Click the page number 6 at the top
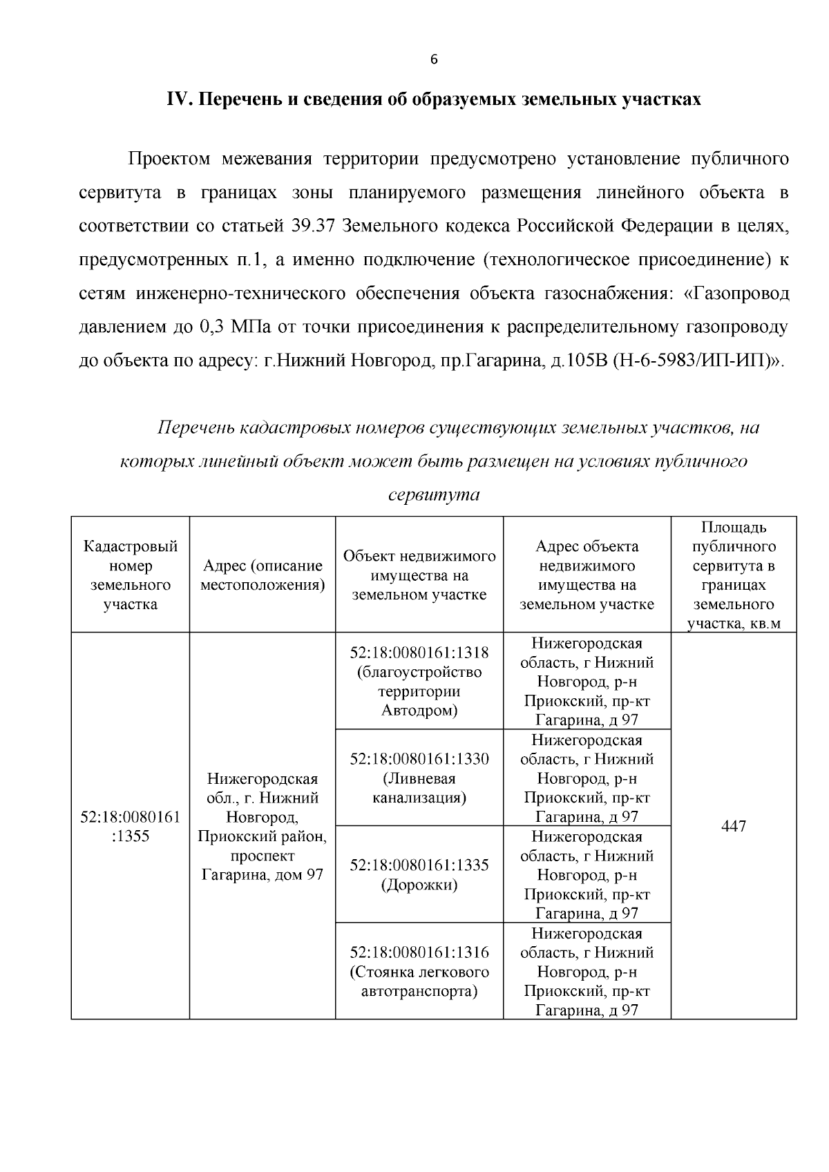[434, 59]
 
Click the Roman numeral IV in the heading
[178, 99]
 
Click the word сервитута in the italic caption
[434, 494]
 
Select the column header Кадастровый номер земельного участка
[131, 575]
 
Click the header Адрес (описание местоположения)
[263, 575]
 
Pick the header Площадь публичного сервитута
[733, 575]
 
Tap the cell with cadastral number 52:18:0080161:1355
[131, 827]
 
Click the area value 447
[733, 827]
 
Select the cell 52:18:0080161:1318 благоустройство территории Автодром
[419, 682]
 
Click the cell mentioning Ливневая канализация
[419, 778]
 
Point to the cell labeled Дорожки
[419, 875]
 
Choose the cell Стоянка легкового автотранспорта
[419, 972]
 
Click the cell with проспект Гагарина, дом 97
[263, 827]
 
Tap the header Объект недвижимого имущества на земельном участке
[419, 575]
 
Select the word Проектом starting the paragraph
[169, 160]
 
